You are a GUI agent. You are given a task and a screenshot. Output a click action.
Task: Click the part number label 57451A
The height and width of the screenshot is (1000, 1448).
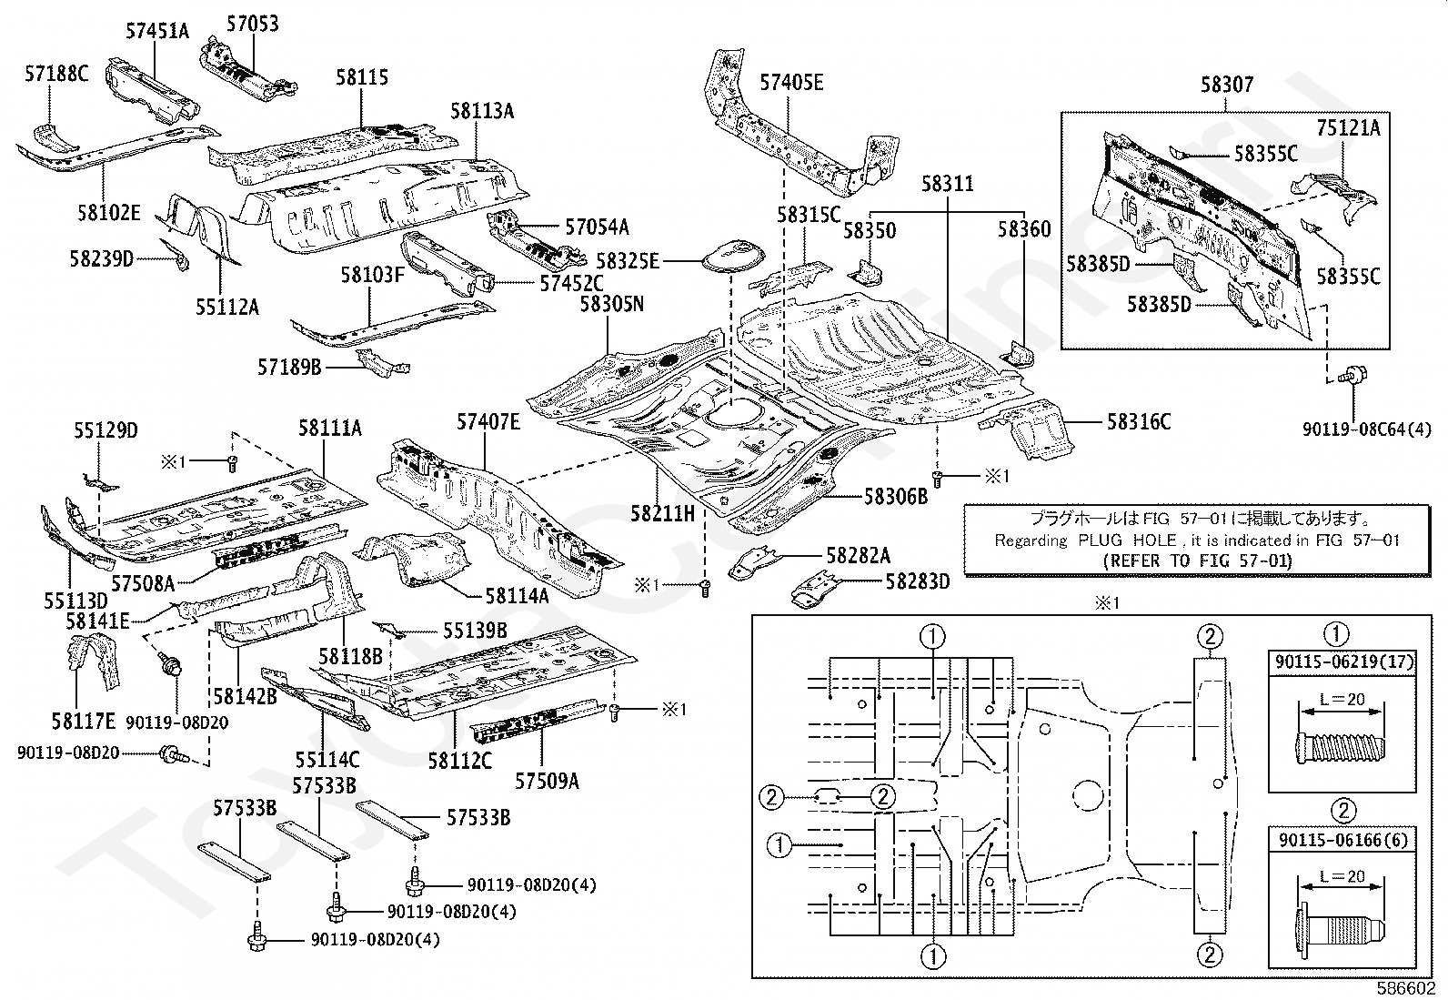pos(157,30)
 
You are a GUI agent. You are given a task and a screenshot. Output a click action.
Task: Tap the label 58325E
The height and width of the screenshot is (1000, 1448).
pos(628,261)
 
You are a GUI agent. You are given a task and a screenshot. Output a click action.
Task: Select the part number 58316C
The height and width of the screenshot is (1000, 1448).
pos(1139,421)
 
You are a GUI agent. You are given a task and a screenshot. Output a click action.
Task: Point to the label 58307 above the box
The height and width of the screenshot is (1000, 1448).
pos(1227,84)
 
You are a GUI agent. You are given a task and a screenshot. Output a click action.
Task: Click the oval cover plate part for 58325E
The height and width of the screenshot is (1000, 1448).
pos(733,257)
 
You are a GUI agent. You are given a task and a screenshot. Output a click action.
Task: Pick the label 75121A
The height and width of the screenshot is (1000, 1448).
pos(1348,128)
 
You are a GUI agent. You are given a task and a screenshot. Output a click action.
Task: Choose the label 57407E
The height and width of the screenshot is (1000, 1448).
pos(488,421)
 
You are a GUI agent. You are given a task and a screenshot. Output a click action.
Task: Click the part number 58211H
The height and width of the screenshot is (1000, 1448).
pos(662,513)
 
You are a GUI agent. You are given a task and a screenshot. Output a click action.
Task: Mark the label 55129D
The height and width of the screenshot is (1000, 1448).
pos(106,430)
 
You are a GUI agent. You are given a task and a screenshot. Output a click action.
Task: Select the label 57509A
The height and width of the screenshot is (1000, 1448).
pos(547,782)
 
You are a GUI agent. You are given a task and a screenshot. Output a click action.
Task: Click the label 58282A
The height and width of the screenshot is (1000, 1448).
pos(859,556)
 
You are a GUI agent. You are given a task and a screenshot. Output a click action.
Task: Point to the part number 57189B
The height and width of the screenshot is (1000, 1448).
pos(289,368)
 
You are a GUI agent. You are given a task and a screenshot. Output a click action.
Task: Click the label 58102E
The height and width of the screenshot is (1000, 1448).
pos(108,213)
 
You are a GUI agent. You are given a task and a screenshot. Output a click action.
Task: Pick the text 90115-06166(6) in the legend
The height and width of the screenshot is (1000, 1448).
pos(1343,840)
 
